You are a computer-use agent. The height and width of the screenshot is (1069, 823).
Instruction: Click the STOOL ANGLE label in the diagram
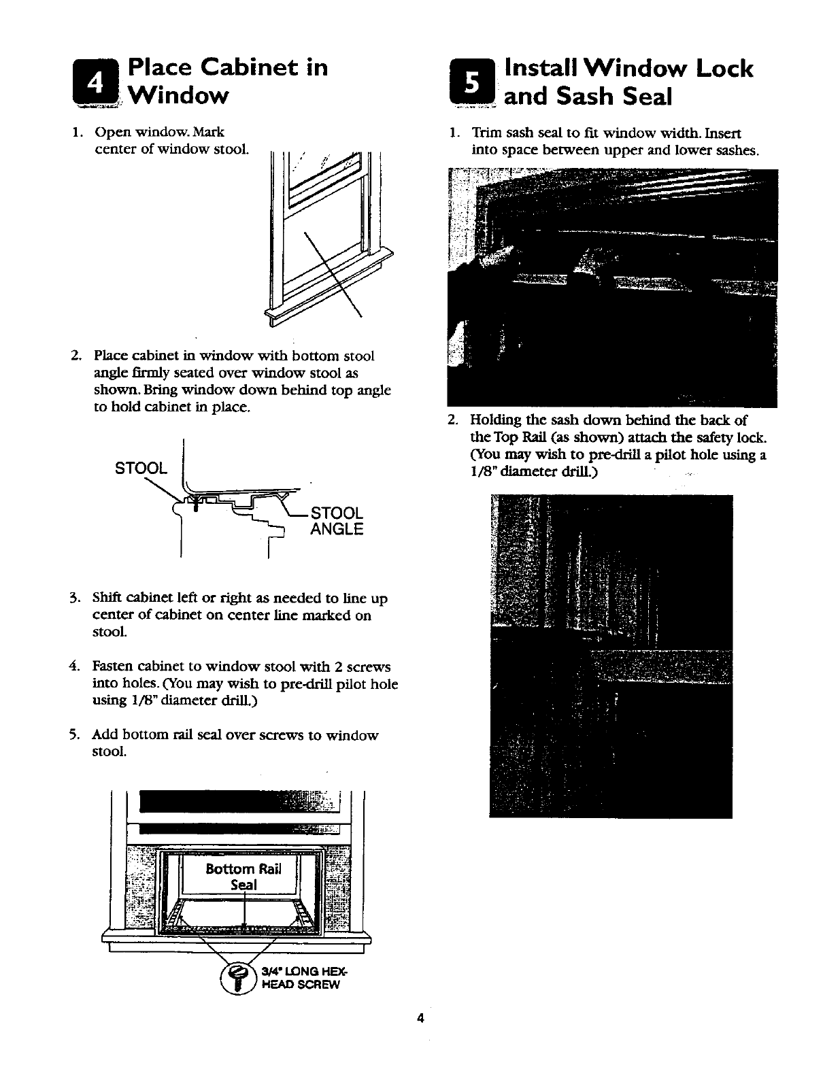point(337,520)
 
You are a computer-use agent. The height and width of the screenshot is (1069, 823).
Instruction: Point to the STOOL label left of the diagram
point(140,469)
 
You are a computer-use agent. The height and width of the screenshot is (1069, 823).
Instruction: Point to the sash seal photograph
point(612,288)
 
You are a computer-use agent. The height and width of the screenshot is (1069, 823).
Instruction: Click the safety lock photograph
point(610,656)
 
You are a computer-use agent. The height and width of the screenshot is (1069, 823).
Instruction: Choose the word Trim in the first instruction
point(486,133)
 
